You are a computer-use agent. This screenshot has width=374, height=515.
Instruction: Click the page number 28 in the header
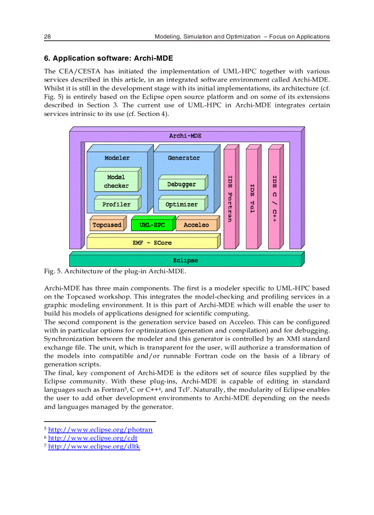tap(47, 37)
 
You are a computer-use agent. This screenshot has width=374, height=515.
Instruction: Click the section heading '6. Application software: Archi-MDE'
tap(108, 58)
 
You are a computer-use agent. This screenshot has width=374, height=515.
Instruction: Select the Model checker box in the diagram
tap(116, 182)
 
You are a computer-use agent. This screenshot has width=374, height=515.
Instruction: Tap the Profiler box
tap(116, 205)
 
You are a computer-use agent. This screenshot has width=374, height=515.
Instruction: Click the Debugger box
tap(181, 184)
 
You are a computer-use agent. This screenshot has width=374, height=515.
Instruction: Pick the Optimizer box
tap(181, 205)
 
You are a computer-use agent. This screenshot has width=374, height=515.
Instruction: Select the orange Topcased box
tap(107, 225)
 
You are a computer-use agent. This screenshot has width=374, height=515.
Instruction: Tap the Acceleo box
tap(196, 225)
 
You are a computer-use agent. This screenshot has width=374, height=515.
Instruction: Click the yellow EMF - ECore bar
tap(152, 243)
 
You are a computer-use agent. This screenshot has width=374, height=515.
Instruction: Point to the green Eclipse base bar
tap(185, 260)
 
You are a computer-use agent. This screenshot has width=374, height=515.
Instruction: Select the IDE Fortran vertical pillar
tap(230, 197)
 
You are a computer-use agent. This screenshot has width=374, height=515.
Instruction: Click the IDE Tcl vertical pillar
tap(252, 197)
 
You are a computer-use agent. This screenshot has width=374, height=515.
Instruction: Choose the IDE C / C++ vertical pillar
tap(274, 197)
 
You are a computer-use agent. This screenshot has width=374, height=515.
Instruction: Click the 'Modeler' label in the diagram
tap(117, 158)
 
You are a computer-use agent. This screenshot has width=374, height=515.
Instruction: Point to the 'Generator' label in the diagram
tap(183, 158)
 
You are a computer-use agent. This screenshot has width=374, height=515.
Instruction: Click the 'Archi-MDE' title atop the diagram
tap(185, 136)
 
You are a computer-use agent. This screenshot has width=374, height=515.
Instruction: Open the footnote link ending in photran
tap(100, 430)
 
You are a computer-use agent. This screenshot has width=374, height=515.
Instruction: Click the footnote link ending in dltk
tap(93, 446)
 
